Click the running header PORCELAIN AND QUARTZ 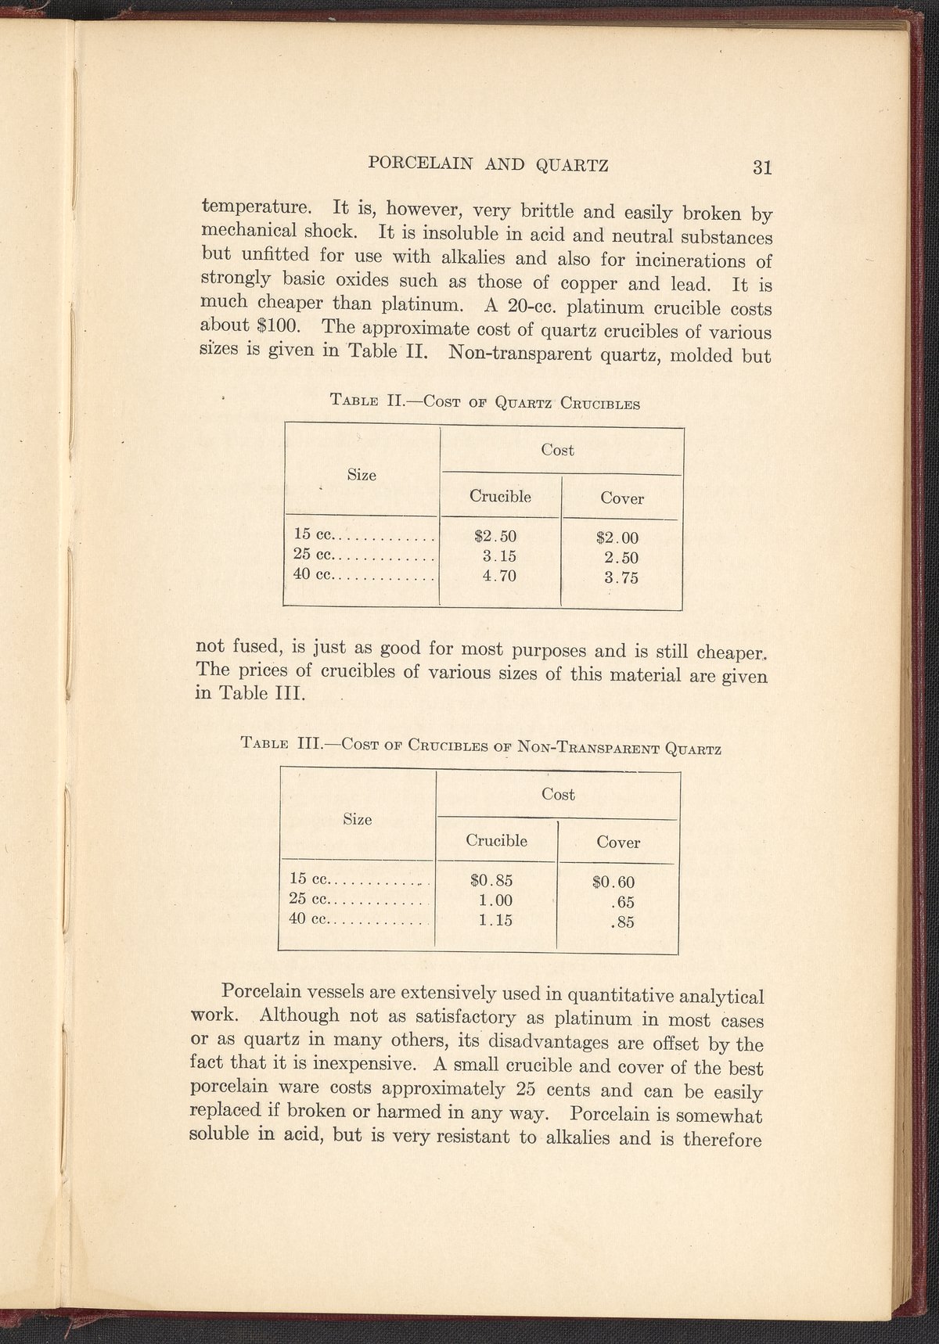(x=488, y=164)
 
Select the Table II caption (x=485, y=404)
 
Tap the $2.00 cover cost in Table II (x=617, y=538)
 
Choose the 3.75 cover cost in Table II (x=621, y=579)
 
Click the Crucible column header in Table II (x=500, y=496)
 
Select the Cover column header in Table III (x=618, y=843)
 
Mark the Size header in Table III (x=358, y=819)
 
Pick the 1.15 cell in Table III (x=495, y=921)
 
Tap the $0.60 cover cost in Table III (x=613, y=882)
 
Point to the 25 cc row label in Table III (x=311, y=899)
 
